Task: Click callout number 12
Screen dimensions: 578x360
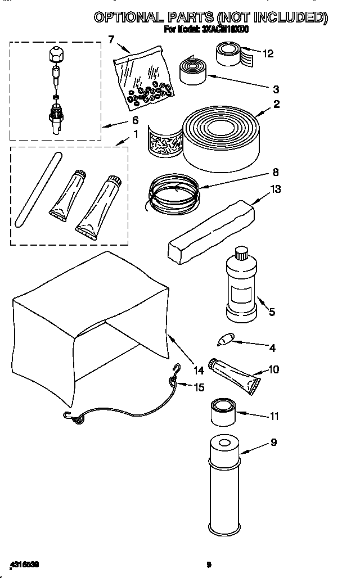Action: click(268, 53)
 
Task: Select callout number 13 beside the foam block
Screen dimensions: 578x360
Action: click(276, 189)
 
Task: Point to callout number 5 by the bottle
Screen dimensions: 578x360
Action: click(272, 311)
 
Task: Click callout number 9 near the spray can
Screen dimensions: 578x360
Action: click(273, 442)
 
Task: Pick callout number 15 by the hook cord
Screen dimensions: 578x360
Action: click(199, 387)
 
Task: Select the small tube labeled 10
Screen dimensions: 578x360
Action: click(235, 373)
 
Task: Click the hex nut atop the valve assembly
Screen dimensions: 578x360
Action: click(55, 55)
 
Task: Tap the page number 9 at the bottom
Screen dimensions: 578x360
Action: click(208, 564)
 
